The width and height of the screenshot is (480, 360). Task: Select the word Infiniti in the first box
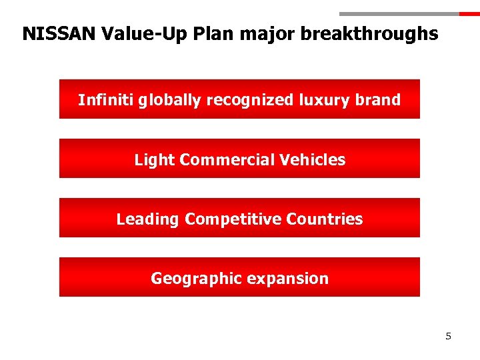point(105,100)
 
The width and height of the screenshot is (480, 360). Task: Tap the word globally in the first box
point(170,100)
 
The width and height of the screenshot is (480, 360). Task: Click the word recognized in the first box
point(249,100)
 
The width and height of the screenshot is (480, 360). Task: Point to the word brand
point(378,100)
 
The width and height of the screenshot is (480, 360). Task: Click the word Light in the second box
point(155,160)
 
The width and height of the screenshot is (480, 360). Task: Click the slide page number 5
point(448,336)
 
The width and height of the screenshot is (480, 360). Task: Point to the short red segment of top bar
point(469,13)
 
